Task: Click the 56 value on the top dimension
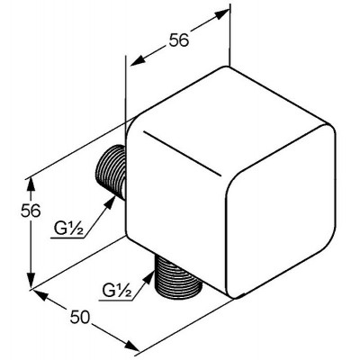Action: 179,40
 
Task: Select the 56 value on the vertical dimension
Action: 31,211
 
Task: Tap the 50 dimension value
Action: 80,317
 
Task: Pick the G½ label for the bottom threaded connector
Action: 117,291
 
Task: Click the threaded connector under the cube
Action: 178,277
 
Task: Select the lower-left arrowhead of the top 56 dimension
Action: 139,61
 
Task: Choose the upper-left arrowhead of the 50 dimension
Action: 40,295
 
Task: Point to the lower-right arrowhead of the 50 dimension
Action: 131,346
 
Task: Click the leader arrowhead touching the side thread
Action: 110,202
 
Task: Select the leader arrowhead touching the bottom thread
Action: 149,278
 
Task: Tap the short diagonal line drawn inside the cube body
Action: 183,153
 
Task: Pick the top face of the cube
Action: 227,119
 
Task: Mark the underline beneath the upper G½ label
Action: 67,238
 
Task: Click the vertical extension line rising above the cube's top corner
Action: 230,35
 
